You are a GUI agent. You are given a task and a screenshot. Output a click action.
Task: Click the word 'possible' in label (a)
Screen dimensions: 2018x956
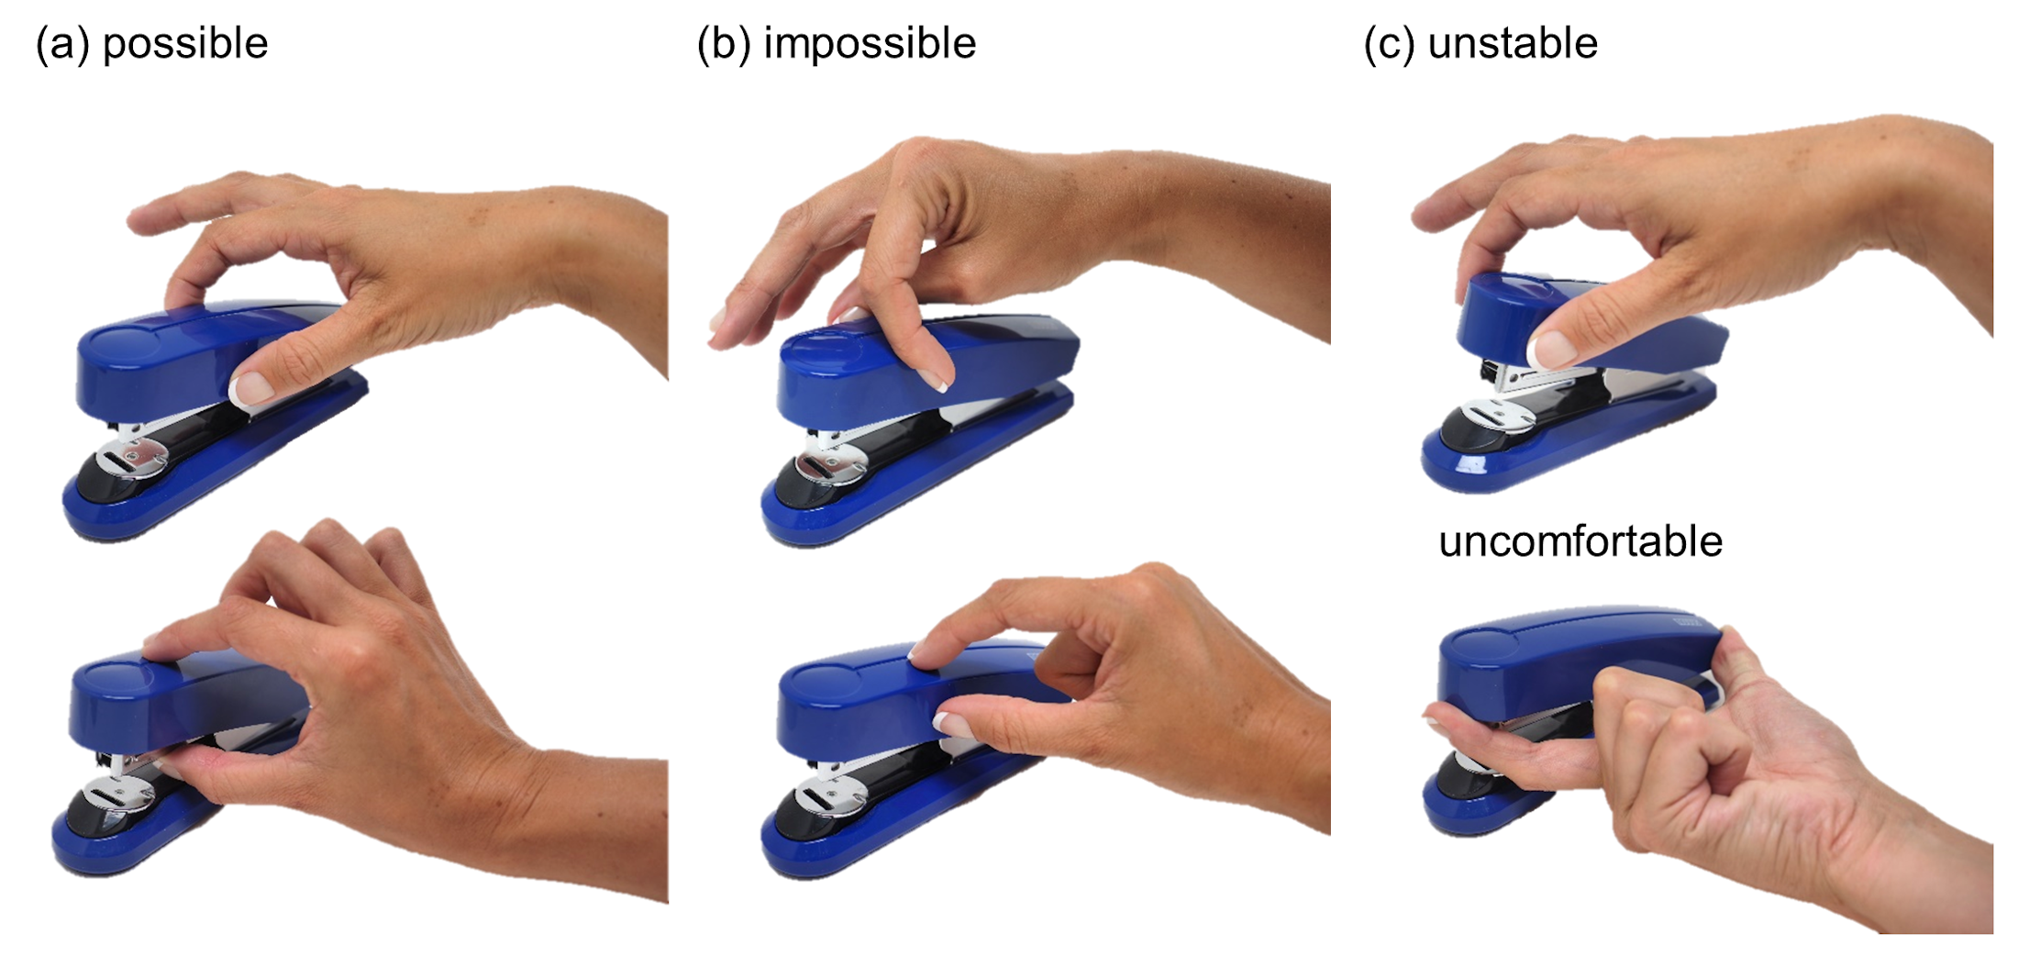[x=185, y=44]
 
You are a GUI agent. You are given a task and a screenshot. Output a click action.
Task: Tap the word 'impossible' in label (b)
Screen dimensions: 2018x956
[x=870, y=44]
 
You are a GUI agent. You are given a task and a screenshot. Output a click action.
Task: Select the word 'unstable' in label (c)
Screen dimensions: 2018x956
[x=1513, y=43]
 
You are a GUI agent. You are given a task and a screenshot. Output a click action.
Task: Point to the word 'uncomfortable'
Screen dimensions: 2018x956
[x=1580, y=541]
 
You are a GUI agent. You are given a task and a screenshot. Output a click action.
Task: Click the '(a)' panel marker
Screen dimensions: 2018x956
[x=62, y=44]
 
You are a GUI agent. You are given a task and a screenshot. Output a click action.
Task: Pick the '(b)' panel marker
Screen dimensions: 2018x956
[x=724, y=44]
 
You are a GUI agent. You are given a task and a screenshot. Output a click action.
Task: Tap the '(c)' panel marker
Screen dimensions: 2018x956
[x=1390, y=44]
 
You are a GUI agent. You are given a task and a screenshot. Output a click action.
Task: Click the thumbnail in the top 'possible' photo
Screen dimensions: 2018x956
[x=251, y=389]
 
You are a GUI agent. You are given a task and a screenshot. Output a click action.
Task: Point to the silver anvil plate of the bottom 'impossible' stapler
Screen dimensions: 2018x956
[x=830, y=797]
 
